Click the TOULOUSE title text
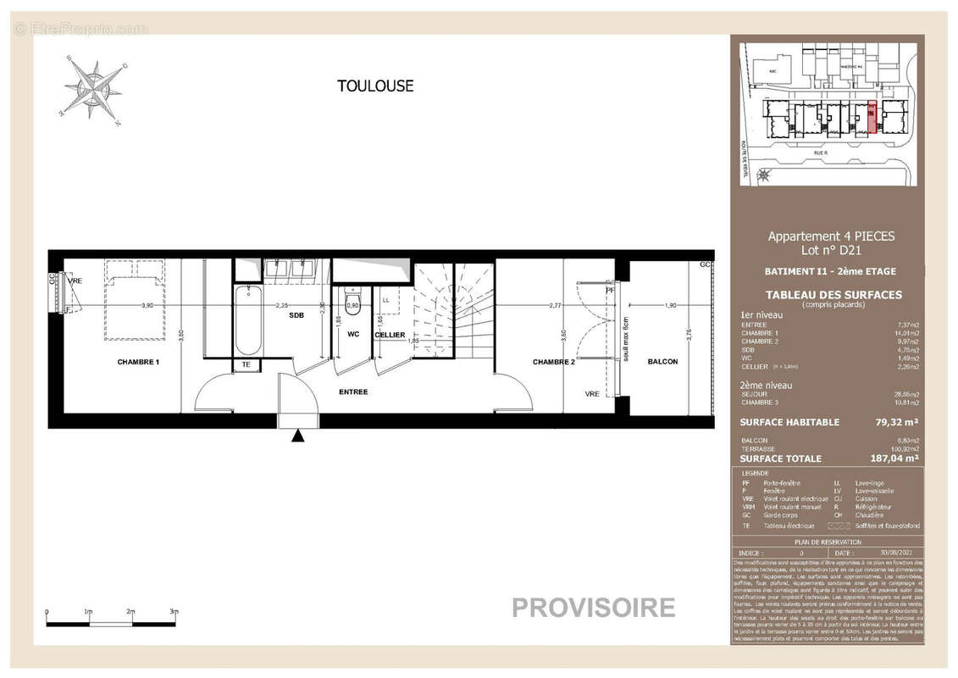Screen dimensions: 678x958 [375, 86]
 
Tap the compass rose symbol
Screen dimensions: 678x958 [92, 88]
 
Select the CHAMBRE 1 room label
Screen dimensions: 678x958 [138, 362]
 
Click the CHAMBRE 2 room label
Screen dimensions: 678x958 [554, 362]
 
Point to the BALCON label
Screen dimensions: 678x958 [662, 362]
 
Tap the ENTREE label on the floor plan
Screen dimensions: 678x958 [353, 392]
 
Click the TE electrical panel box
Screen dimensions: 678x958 [246, 365]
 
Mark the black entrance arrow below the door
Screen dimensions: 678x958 [298, 436]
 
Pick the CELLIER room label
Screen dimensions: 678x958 [390, 335]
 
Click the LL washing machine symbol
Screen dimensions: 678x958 [385, 300]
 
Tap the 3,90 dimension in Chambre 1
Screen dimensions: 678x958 [147, 305]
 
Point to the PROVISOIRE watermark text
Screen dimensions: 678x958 [593, 608]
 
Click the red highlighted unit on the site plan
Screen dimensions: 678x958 [872, 117]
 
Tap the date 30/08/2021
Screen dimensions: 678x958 [887, 552]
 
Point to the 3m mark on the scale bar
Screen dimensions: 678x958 [174, 612]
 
